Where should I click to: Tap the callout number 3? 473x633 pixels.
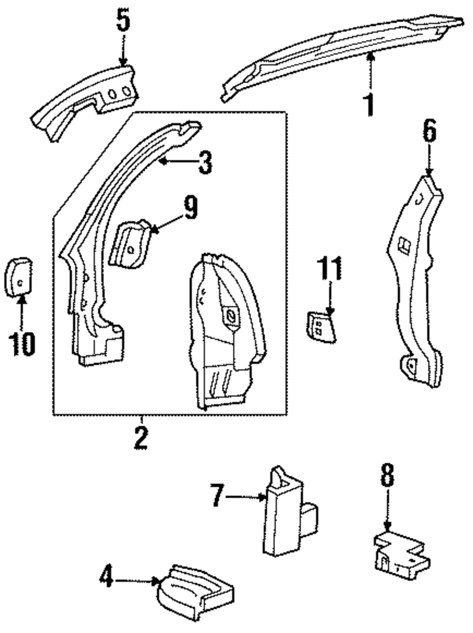click(x=204, y=162)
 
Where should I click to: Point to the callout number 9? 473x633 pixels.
click(x=190, y=208)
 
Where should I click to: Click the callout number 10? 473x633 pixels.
click(x=22, y=344)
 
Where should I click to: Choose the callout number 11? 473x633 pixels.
click(x=330, y=269)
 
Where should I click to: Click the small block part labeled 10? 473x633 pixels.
click(x=18, y=277)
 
